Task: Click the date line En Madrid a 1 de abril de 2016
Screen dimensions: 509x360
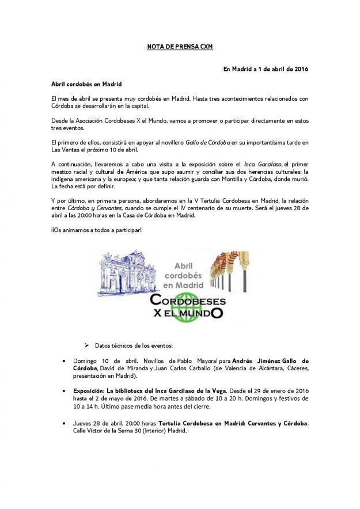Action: [266, 69]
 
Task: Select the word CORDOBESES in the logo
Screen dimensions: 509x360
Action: [188, 301]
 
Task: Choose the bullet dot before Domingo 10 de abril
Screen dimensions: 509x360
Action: [65, 361]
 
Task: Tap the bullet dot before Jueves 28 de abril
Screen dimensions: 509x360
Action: [65, 423]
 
